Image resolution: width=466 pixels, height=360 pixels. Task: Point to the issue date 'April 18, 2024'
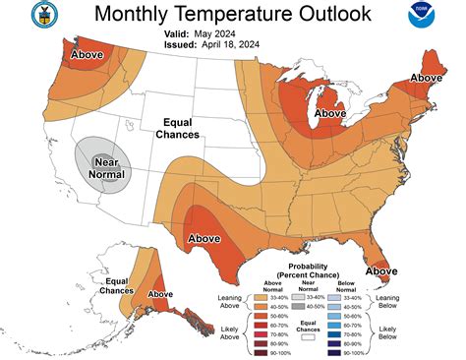[246, 43]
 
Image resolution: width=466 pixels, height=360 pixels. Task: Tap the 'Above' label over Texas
[204, 237]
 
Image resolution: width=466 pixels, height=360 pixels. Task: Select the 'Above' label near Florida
[381, 270]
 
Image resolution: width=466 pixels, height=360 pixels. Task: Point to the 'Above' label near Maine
[427, 77]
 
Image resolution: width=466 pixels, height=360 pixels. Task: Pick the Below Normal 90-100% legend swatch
[346, 351]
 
